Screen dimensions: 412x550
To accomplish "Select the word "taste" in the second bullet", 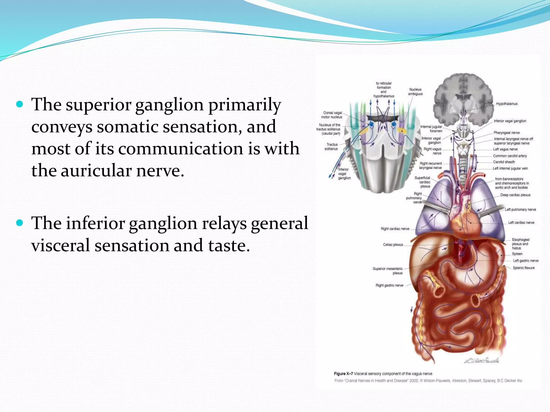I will coord(229,246).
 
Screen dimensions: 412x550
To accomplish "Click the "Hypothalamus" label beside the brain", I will coord(506,104).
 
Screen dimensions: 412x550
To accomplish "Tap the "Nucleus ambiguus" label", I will coord(415,92).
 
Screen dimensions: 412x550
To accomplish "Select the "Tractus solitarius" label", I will coord(331,147).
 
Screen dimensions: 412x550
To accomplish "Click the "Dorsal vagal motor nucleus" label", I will coord(332,115).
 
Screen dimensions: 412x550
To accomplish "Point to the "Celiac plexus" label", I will coord(393,245).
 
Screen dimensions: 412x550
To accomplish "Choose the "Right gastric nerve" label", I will coord(389,285).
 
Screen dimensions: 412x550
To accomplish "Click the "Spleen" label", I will coord(517,254).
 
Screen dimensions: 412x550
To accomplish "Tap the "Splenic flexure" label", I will coord(523,268).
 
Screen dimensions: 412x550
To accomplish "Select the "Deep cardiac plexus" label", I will coord(515,195).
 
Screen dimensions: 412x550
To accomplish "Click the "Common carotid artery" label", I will coord(510,156).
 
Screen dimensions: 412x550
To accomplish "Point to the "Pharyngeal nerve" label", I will coord(506,133).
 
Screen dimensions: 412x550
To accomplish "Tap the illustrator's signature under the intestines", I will coord(482,360).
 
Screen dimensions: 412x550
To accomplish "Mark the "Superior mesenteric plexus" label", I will coord(388,271).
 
